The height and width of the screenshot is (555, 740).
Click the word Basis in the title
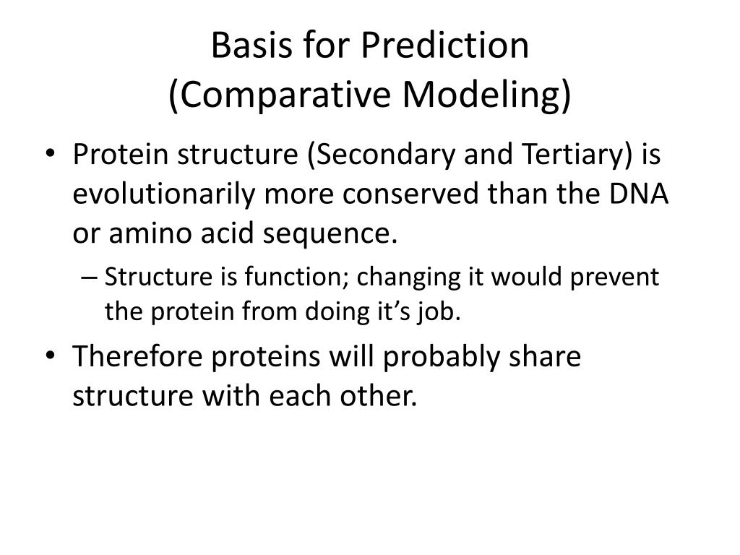(251, 46)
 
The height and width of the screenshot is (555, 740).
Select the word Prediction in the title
(445, 46)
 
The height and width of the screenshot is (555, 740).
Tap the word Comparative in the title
(280, 95)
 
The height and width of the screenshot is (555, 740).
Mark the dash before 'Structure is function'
(89, 277)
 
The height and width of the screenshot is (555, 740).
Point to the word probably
(440, 357)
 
